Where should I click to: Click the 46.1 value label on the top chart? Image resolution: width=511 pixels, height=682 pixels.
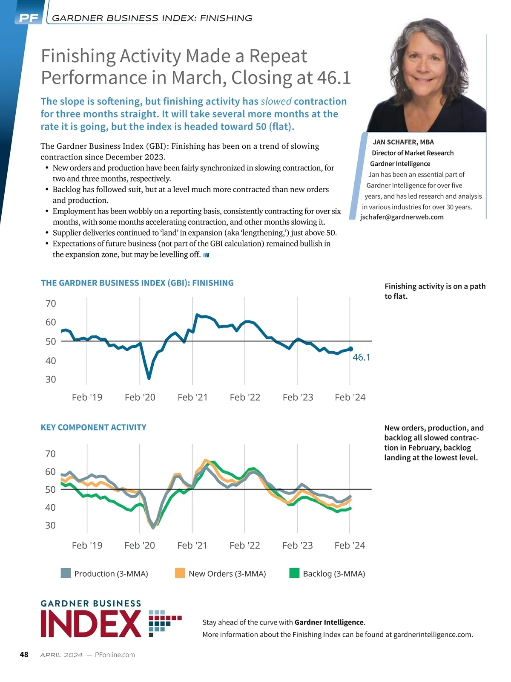point(362,357)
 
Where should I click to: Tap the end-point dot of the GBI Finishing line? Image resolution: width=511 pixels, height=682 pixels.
point(350,349)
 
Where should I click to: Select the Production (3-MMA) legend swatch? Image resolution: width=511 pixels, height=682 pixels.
point(66,573)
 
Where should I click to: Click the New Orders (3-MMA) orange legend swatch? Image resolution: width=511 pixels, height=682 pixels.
point(180,573)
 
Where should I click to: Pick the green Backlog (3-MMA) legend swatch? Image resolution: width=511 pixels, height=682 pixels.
point(294,573)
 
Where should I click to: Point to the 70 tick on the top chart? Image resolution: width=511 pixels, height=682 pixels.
point(51,303)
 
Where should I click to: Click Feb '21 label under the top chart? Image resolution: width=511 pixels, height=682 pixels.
point(192,397)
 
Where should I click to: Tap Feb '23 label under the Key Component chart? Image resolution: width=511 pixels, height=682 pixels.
point(297,545)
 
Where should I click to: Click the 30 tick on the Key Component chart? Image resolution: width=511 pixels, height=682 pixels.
point(51,525)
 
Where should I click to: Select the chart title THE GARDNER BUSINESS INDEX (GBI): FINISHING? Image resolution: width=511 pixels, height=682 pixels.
point(137,283)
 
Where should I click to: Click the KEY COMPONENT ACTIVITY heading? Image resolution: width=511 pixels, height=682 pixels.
point(93,427)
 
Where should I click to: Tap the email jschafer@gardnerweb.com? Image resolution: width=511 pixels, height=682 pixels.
point(402,217)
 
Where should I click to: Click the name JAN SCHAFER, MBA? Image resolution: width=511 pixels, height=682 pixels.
point(403,142)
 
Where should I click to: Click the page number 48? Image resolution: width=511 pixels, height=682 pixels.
point(24,654)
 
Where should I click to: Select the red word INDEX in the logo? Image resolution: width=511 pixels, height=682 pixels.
point(91,624)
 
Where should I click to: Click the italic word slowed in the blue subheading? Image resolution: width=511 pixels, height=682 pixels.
point(276,101)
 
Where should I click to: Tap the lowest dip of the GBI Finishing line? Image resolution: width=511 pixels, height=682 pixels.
point(149,378)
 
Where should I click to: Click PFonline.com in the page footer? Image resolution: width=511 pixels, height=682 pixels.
point(115,655)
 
